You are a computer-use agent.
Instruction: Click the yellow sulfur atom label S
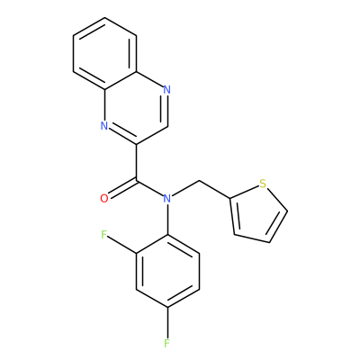coord(263,184)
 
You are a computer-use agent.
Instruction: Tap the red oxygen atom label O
coord(104,199)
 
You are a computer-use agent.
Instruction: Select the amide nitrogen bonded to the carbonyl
coord(167,199)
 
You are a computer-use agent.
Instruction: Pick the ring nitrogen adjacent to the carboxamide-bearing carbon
coord(104,126)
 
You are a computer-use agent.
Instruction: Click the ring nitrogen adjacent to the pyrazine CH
coord(167,89)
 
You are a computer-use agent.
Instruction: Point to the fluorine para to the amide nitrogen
coord(167,343)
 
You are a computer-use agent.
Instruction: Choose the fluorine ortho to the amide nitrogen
coord(104,235)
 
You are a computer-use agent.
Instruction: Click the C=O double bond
coord(122,189)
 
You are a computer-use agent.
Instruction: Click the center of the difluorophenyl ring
coord(167,271)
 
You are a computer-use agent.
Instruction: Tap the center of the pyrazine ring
coord(136,108)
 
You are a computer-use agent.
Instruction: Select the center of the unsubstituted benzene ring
coord(104,53)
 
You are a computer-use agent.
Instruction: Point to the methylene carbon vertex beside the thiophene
coord(199,181)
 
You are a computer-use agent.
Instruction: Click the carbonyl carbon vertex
coord(137,181)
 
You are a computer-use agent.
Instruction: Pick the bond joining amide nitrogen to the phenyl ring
coord(167,220)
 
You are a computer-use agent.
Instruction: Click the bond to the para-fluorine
coord(167,322)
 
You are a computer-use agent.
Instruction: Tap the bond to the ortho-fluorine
coord(122,245)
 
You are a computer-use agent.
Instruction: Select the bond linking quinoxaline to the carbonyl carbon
coord(136,162)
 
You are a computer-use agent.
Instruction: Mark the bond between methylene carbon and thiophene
coord(215,189)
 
